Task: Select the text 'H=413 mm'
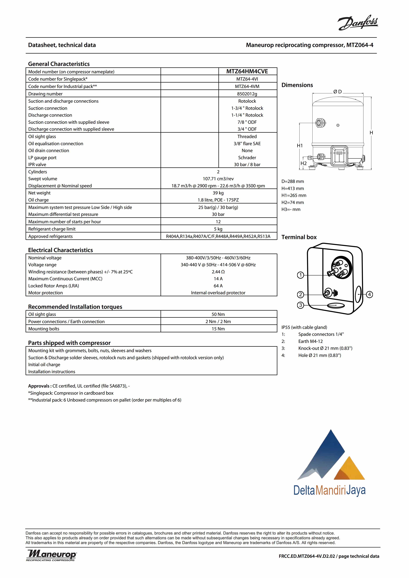[293, 188]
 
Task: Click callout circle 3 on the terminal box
[300, 305]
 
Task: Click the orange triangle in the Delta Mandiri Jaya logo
[350, 469]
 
